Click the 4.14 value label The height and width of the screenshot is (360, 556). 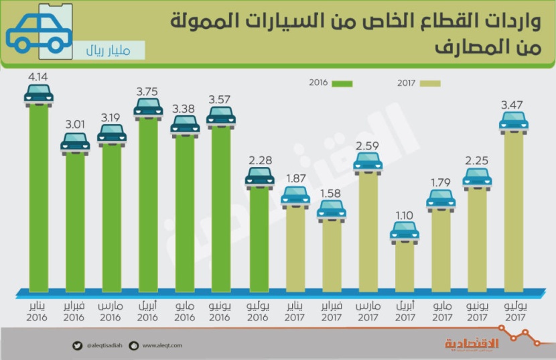[x=39, y=78]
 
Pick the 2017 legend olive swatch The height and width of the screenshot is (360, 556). [x=429, y=84]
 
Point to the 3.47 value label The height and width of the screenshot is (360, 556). [x=514, y=105]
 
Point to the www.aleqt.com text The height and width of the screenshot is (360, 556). [x=161, y=346]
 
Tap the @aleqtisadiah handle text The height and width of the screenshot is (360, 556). [x=106, y=346]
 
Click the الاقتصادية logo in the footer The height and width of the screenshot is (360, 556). [x=472, y=343]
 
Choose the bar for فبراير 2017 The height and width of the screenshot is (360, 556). [x=332, y=255]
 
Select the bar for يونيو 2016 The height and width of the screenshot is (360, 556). [x=221, y=208]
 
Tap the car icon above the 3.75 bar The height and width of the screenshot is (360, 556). [x=148, y=107]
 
